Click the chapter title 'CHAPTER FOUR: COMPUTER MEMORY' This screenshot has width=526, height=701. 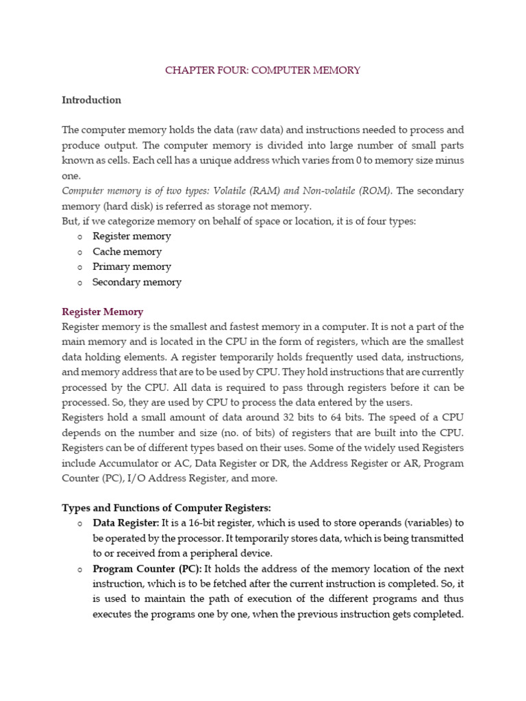pos(262,71)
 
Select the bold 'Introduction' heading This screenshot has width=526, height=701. pos(91,100)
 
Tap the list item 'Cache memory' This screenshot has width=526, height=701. pos(127,251)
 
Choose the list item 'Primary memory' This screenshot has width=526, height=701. pos(131,266)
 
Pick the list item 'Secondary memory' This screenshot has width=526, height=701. pos(137,282)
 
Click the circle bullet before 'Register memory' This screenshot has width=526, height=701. pos(79,237)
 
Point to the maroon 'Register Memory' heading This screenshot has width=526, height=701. pos(103,311)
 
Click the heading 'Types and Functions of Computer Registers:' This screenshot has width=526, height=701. pos(166,508)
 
